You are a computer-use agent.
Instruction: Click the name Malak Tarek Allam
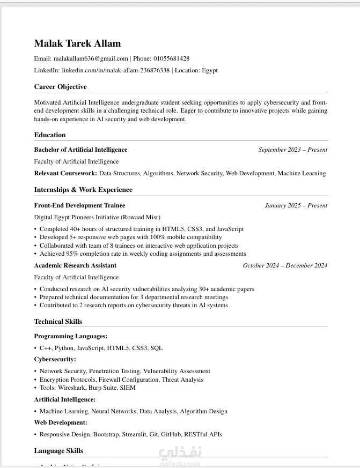point(77,43)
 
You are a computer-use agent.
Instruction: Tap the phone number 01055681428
point(171,58)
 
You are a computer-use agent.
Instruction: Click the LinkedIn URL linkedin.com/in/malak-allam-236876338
point(115,70)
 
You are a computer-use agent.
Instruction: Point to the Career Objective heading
point(60,87)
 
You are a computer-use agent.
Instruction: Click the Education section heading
point(50,135)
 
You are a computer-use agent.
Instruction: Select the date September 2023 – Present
point(292,150)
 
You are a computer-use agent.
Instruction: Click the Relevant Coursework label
point(65,173)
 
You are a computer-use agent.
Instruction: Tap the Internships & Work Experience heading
point(83,190)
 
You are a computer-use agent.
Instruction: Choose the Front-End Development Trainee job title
point(79,205)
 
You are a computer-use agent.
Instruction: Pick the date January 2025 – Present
point(296,205)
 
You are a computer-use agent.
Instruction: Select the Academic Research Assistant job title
point(75,265)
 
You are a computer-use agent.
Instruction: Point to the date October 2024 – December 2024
point(285,265)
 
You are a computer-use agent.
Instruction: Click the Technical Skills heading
point(58,322)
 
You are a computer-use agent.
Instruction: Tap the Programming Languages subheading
point(71,336)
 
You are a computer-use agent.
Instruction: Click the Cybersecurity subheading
point(55,359)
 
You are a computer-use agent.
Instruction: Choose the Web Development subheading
point(61,422)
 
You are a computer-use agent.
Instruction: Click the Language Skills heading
point(58,451)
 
